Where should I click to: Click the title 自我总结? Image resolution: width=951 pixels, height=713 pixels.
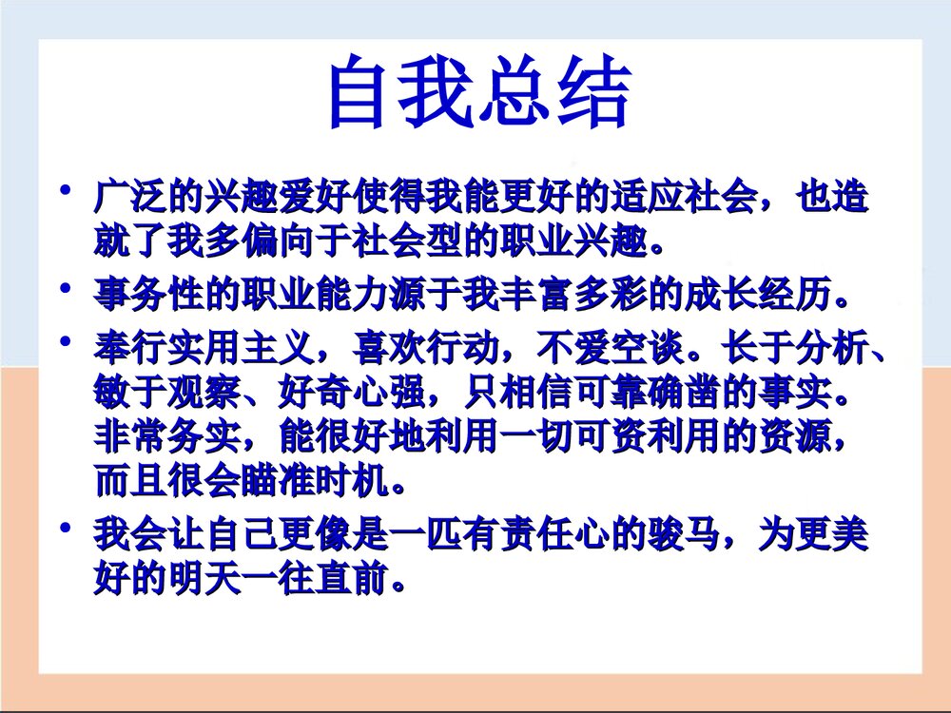point(477,95)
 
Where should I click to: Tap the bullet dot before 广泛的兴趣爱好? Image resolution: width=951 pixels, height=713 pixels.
point(66,192)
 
